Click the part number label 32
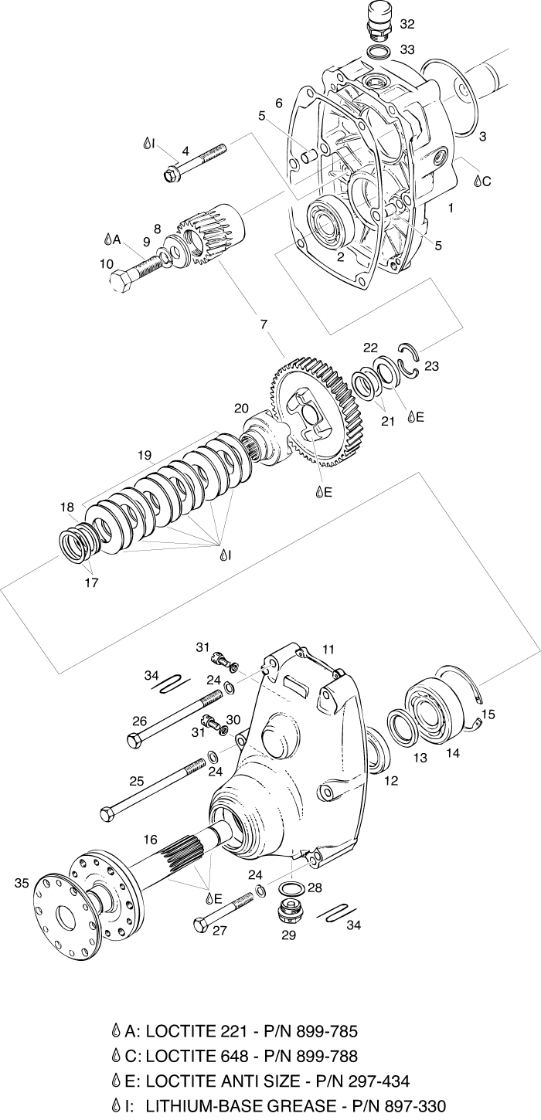pos(407,24)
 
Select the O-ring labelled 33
pos(378,53)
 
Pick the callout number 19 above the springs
pos(144,456)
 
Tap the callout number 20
pos(242,408)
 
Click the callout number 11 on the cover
pos(328,650)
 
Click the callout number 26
pos(139,721)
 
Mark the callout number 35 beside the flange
pos(21,883)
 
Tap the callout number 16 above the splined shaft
pos(150,838)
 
